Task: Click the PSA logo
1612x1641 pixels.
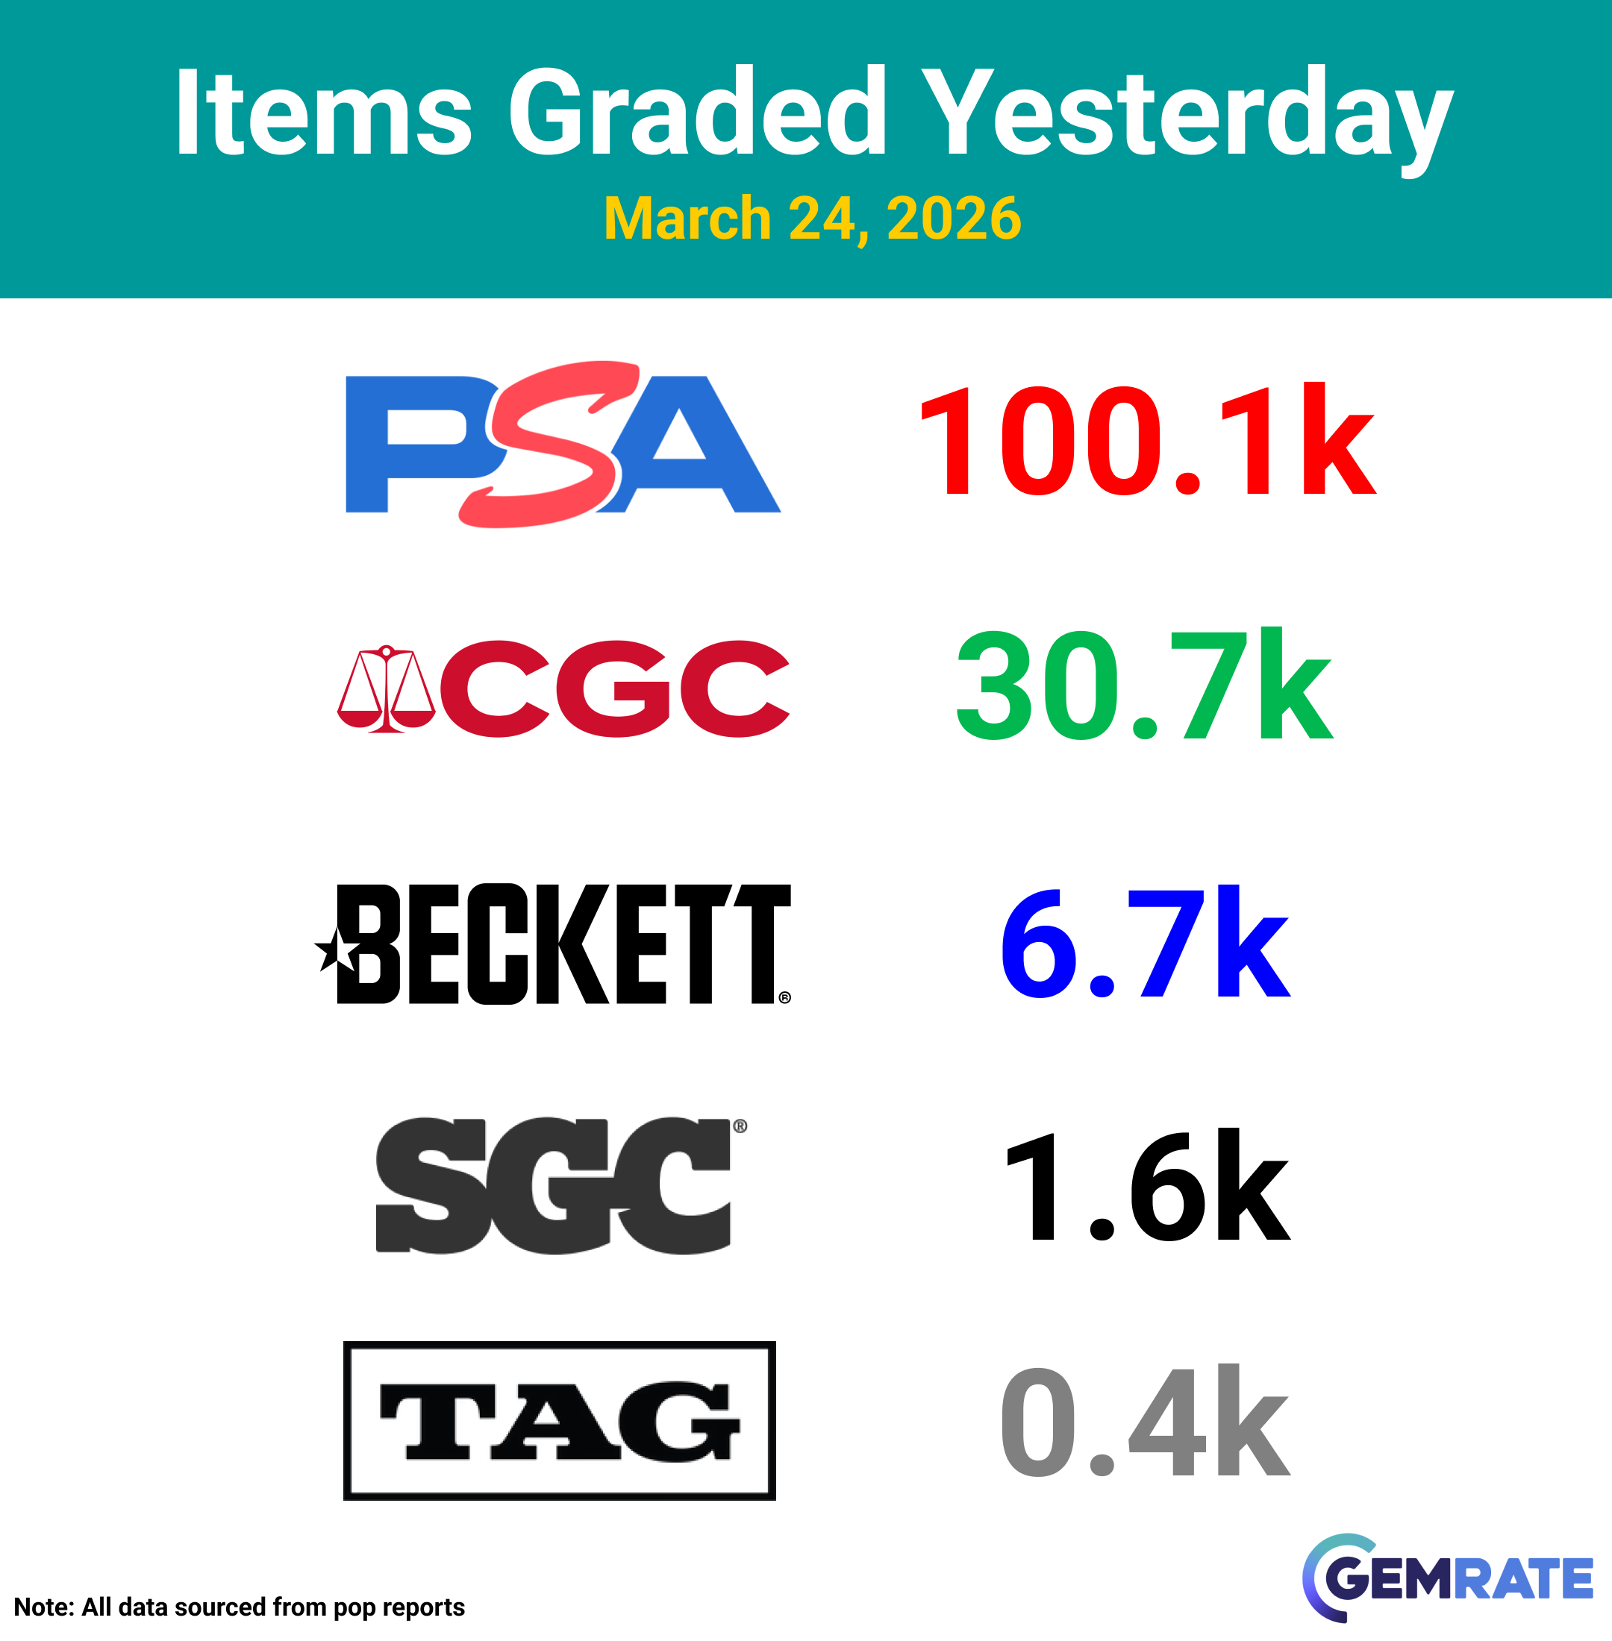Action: coord(563,445)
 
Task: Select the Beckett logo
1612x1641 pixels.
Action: coord(553,944)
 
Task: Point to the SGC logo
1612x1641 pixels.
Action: coord(560,1185)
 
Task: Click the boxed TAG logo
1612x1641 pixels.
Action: coord(560,1421)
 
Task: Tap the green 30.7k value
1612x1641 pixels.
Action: coord(1145,684)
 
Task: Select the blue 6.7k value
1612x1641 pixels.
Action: coord(1146,941)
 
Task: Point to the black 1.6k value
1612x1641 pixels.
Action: coord(1148,1185)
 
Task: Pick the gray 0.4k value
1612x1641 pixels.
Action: coord(1146,1421)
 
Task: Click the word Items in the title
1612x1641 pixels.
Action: coord(322,113)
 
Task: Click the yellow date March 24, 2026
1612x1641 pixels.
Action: coord(813,219)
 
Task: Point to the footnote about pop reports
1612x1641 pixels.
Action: coord(240,1607)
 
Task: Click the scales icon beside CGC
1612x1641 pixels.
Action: coord(386,689)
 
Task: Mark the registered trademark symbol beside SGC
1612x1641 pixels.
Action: coord(740,1126)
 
